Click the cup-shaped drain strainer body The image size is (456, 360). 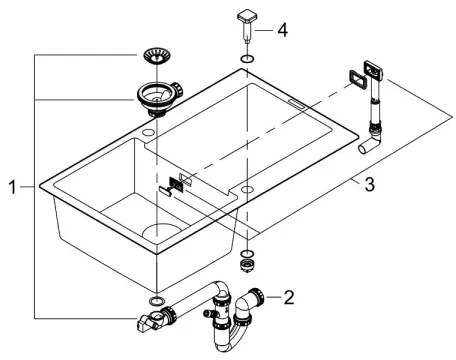(157, 97)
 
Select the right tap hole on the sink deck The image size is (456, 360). (246, 188)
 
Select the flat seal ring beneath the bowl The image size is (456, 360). (155, 301)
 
